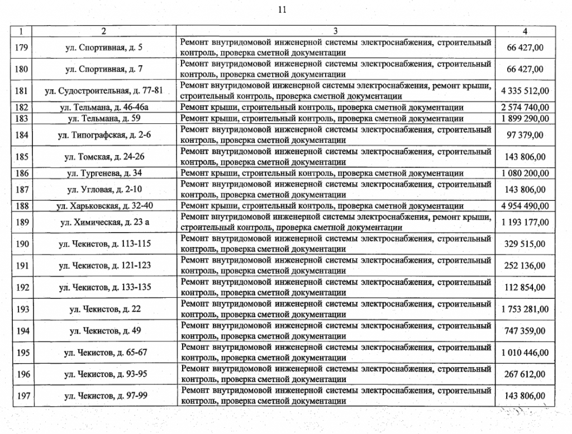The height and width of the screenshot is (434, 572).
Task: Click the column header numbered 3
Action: [x=336, y=31]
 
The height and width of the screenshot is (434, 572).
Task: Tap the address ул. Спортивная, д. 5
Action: [x=104, y=47]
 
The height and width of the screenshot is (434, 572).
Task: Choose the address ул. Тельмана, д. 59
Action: [x=104, y=118]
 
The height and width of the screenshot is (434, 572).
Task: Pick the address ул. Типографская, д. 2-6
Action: [x=104, y=134]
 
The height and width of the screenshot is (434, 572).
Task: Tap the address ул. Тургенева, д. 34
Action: [x=104, y=173]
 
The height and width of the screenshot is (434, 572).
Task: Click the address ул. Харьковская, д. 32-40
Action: [x=104, y=206]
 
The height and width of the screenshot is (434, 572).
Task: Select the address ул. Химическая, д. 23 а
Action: [x=104, y=223]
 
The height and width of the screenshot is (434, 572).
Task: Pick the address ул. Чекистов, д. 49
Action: [x=104, y=331]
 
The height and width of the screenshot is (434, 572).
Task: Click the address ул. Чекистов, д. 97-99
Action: [x=104, y=397]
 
